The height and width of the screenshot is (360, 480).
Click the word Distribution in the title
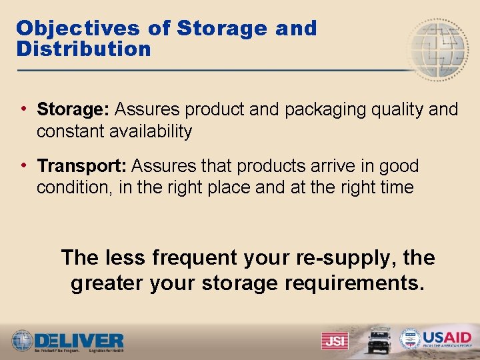84,49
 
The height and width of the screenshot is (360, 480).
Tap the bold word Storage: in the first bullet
74,109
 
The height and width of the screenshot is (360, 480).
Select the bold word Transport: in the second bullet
83,165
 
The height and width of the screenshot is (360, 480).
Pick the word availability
146,131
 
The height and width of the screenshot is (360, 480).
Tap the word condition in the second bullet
73,188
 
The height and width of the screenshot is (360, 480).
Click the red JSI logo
334,341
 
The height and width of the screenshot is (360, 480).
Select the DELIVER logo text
79,339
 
